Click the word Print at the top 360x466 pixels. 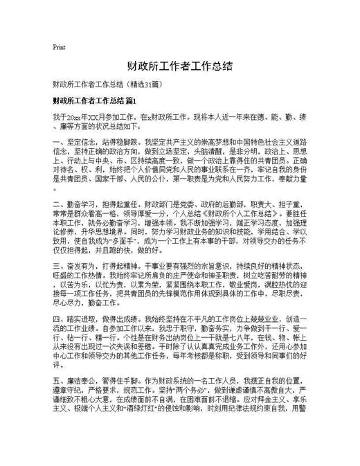(x=59, y=48)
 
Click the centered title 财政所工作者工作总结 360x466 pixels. (x=179, y=66)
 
